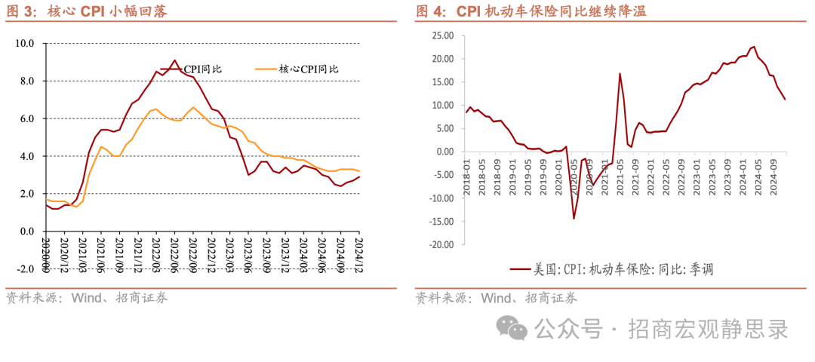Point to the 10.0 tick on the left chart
(25, 44)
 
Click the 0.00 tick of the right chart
(444, 152)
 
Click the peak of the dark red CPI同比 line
(174, 60)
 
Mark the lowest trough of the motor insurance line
(574, 219)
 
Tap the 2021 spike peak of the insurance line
(620, 73)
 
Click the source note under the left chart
(87, 297)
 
